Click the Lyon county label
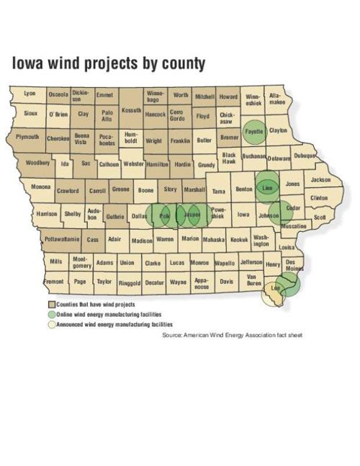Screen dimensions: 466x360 (x=30, y=94)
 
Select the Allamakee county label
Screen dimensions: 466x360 (x=276, y=99)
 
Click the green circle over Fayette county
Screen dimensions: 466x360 (x=254, y=132)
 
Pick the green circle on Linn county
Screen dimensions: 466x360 (x=268, y=187)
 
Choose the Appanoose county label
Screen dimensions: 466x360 (x=202, y=284)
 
